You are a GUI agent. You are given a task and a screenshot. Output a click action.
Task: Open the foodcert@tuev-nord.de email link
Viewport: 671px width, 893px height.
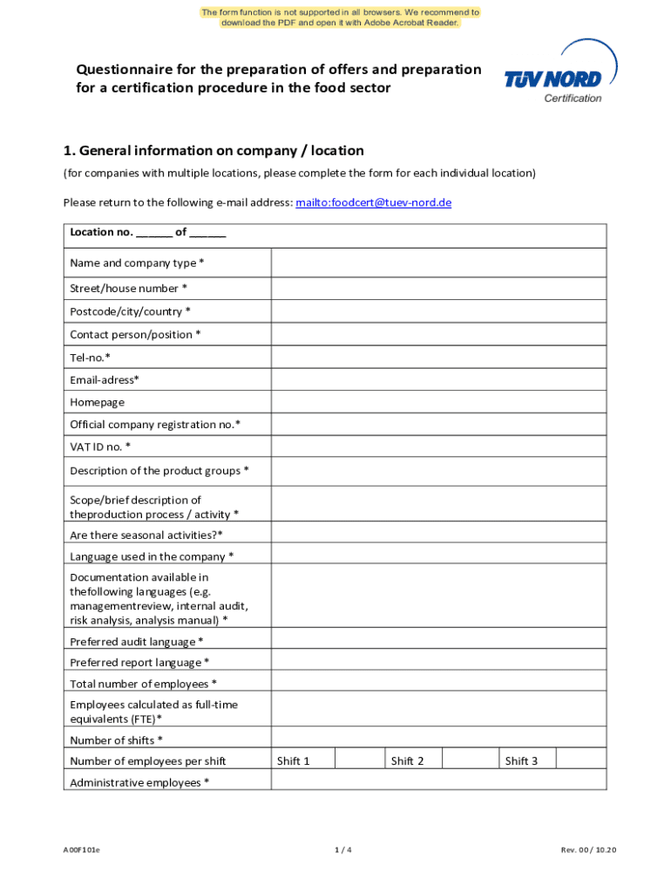pyautogui.click(x=373, y=202)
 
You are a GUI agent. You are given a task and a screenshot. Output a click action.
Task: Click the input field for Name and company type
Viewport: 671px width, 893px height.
pyautogui.click(x=438, y=262)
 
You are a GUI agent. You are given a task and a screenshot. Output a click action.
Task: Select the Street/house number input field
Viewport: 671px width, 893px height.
pyautogui.click(x=438, y=289)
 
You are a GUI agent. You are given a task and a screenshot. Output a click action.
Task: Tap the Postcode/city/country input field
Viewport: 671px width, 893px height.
pyautogui.click(x=438, y=311)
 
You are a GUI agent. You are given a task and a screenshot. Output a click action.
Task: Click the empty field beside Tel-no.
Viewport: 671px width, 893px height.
pyautogui.click(x=438, y=357)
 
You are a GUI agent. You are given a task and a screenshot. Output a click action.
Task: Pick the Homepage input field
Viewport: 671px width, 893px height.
pyautogui.click(x=438, y=402)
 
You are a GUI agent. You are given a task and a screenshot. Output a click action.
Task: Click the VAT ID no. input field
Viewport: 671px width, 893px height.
pyautogui.click(x=438, y=446)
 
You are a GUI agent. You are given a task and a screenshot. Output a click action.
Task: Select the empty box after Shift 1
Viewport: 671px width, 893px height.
pyautogui.click(x=356, y=760)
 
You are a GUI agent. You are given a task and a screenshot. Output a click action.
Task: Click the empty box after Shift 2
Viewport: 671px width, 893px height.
pyautogui.click(x=471, y=760)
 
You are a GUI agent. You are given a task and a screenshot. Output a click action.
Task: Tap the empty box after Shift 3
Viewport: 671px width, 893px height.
pyautogui.click(x=580, y=760)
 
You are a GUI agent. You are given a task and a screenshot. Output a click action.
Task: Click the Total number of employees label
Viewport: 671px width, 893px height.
pyautogui.click(x=144, y=684)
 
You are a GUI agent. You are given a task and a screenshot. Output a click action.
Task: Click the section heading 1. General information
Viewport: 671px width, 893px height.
pyautogui.click(x=213, y=151)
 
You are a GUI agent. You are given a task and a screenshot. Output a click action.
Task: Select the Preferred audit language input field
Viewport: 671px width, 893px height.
pyautogui.click(x=438, y=641)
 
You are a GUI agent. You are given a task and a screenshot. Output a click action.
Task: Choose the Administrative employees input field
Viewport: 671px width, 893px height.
pyautogui.click(x=438, y=782)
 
